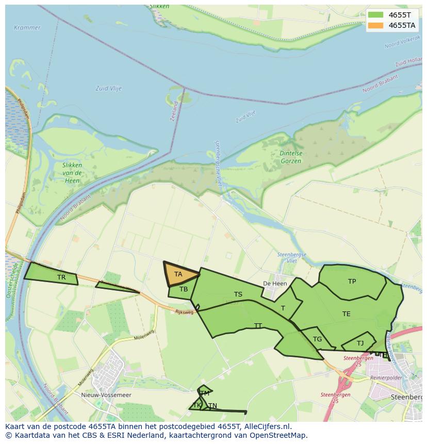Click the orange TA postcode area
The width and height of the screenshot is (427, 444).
[178, 274]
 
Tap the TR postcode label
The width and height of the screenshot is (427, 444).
[61, 277]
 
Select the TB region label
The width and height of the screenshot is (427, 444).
[184, 289]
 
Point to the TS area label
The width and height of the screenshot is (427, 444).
[238, 294]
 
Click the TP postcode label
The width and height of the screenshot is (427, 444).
[352, 282]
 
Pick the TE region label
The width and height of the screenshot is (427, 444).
[346, 314]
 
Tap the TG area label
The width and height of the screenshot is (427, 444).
[317, 339]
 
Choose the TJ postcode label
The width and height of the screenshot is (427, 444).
[360, 343]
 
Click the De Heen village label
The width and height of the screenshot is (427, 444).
[275, 284]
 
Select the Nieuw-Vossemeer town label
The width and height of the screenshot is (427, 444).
[106, 395]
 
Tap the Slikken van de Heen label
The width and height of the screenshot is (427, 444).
[72, 173]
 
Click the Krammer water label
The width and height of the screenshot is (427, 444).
[27, 27]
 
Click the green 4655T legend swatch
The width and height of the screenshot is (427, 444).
[376, 15]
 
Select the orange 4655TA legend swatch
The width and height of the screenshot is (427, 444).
[376, 25]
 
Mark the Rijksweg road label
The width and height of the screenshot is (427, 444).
[184, 312]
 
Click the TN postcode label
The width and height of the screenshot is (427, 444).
[212, 406]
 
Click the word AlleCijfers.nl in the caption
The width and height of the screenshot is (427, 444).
[267, 426]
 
